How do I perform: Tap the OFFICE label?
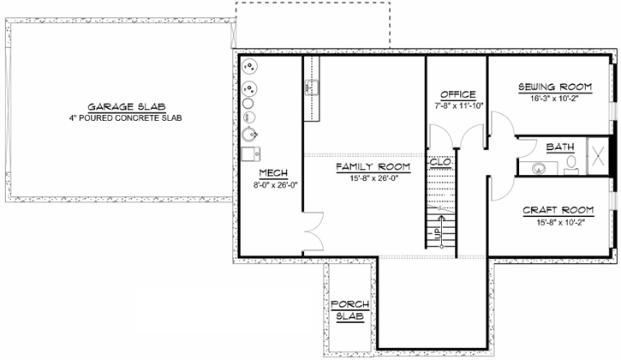pos(457,93)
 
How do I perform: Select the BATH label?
pos(560,147)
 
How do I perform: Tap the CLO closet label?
pos(439,162)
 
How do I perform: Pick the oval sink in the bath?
pos(539,168)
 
